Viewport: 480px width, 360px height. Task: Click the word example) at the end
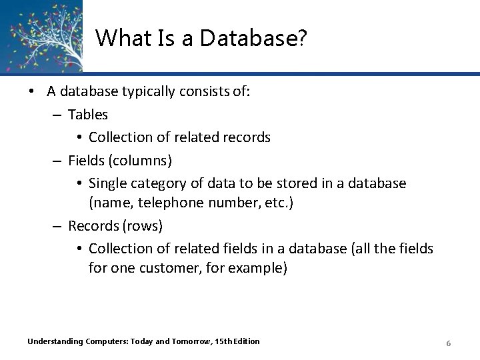pyautogui.click(x=261, y=269)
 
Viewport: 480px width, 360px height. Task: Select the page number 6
pyautogui.click(x=449, y=343)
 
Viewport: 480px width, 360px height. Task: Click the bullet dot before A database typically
pyautogui.click(x=31, y=93)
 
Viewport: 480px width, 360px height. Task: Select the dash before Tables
pyautogui.click(x=58, y=115)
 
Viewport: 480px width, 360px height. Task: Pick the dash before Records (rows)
pyautogui.click(x=58, y=226)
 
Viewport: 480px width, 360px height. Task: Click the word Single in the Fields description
pyautogui.click(x=107, y=183)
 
